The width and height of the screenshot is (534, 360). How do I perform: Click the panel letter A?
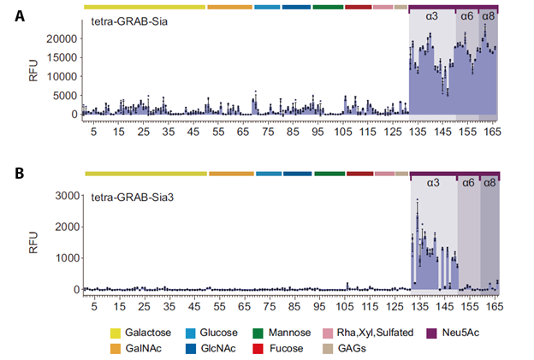[20, 15]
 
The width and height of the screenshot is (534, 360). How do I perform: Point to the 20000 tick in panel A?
[62, 38]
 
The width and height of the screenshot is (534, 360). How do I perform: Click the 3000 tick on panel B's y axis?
[66, 197]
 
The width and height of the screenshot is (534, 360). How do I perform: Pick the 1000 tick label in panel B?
[66, 258]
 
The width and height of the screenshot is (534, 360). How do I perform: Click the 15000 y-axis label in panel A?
[62, 57]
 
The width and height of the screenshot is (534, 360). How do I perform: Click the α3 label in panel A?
[432, 17]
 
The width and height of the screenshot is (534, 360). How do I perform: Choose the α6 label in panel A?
[467, 17]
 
